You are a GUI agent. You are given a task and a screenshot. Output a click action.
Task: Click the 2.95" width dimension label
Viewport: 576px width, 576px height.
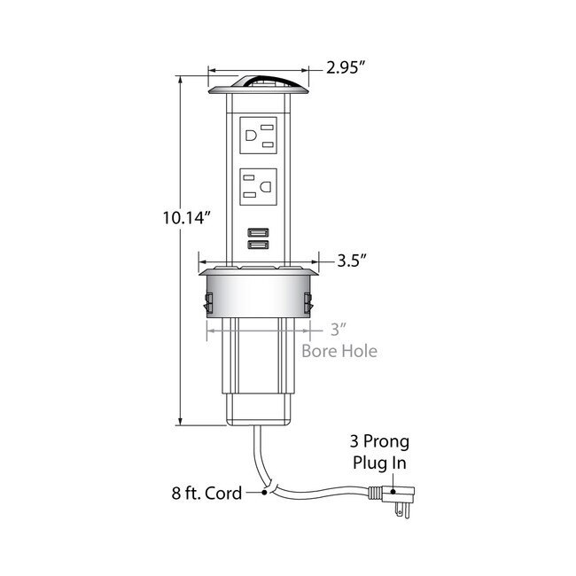pos(346,67)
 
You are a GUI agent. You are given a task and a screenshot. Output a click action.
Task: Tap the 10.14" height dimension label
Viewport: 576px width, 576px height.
pos(187,218)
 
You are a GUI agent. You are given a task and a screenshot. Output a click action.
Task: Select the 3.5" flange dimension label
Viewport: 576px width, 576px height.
pos(352,261)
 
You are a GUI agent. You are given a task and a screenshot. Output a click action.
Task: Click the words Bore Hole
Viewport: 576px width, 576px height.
pos(339,351)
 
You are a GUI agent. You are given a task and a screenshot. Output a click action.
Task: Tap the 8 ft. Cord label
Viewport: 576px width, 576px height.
pos(206,493)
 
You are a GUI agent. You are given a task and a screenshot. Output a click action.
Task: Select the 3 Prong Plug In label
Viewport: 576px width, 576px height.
pos(379,452)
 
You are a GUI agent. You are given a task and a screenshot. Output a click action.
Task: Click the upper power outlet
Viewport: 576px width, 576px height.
pos(258,136)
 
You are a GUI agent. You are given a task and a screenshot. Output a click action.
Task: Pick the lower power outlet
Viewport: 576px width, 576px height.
pos(258,187)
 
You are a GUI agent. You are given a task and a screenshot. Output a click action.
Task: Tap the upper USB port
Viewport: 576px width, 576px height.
pos(258,232)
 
